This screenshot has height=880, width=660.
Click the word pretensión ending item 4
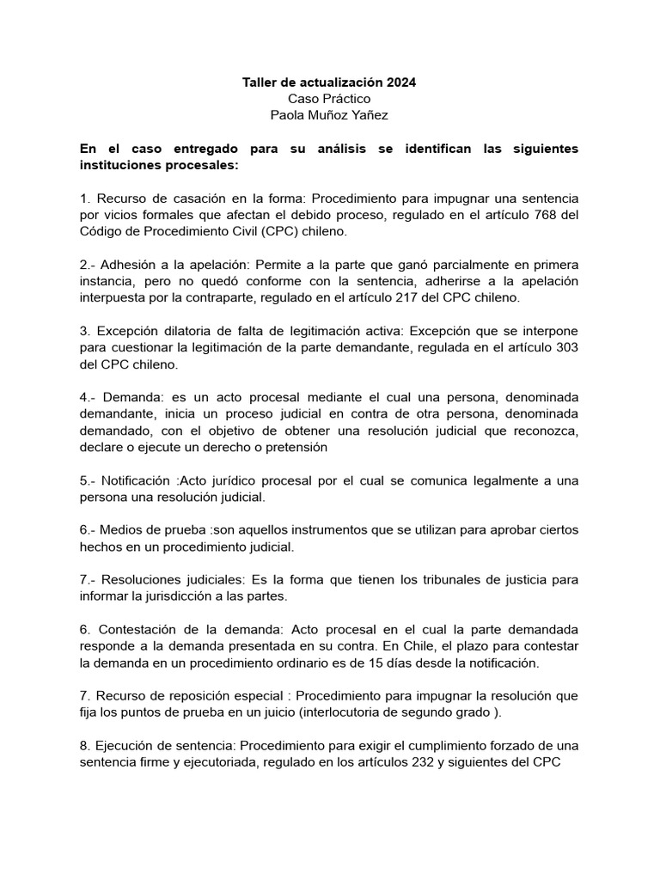click(297, 447)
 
